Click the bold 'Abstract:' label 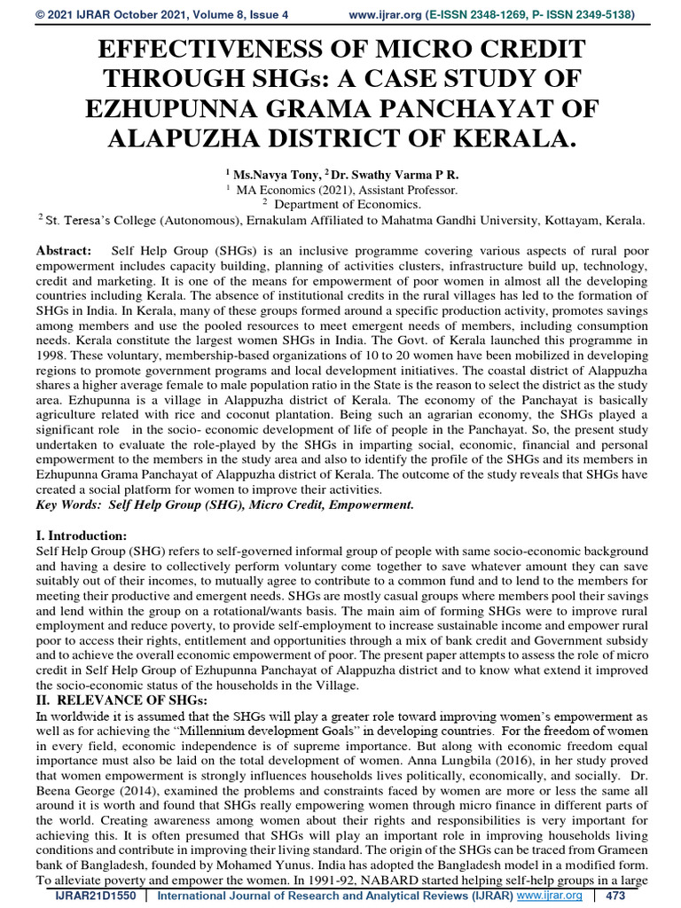coord(63,252)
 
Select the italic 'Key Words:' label coord(68,505)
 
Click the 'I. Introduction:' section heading coord(82,536)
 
